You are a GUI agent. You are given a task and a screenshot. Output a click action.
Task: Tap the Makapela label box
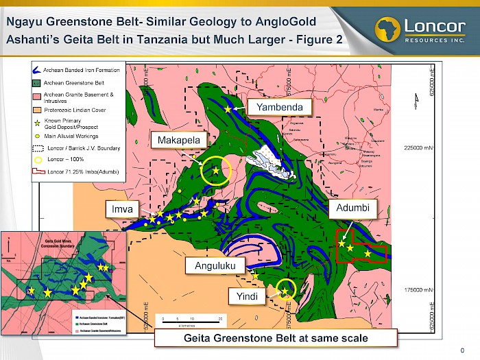pyautogui.click(x=178, y=141)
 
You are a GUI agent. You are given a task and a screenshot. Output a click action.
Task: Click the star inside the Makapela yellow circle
pyautogui.click(x=216, y=170)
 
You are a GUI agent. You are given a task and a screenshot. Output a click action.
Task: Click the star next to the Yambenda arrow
pyautogui.click(x=228, y=108)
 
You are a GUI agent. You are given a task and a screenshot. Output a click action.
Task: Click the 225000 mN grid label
pyautogui.click(x=416, y=147)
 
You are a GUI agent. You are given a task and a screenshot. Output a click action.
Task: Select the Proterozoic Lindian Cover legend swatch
pyautogui.click(x=38, y=110)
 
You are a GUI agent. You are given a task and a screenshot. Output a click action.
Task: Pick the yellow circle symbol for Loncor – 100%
pyautogui.click(x=38, y=159)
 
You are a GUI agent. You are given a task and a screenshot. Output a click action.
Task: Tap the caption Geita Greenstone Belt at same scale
pyautogui.click(x=275, y=338)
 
